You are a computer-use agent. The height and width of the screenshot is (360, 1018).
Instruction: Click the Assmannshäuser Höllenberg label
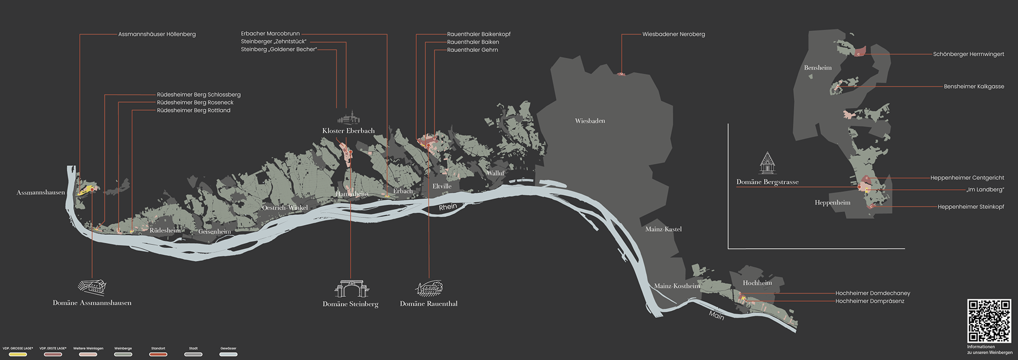click(157, 34)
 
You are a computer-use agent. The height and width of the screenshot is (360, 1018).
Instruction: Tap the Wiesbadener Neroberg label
click(673, 34)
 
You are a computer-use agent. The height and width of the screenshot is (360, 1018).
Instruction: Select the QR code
click(989, 321)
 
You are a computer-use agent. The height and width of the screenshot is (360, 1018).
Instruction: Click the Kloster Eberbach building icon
click(348, 118)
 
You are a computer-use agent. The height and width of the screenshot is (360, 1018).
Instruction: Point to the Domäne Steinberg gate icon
click(350, 289)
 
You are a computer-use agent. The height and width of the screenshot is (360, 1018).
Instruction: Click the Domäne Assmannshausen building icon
click(92, 287)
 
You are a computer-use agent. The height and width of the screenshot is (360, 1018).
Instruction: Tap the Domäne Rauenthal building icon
click(428, 288)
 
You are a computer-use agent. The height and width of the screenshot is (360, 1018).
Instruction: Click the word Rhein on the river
click(448, 207)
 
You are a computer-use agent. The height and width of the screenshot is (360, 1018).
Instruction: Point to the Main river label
click(716, 315)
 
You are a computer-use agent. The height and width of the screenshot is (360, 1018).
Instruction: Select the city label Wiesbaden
click(590, 121)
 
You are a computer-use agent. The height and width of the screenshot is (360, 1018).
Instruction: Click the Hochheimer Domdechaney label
click(872, 293)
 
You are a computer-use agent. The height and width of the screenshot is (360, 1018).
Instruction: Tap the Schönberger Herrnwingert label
click(968, 54)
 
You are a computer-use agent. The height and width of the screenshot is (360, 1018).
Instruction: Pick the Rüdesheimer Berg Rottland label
click(194, 110)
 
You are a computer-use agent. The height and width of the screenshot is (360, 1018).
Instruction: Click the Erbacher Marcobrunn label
click(270, 34)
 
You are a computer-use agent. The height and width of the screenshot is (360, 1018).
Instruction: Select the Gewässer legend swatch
click(229, 354)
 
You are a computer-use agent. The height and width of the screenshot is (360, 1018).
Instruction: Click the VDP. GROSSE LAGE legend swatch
click(18, 354)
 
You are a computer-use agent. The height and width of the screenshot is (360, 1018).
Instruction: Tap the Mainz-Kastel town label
click(663, 229)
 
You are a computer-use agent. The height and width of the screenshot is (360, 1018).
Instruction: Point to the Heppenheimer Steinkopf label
click(970, 207)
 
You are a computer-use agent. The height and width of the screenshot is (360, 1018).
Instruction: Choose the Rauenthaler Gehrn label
click(472, 50)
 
